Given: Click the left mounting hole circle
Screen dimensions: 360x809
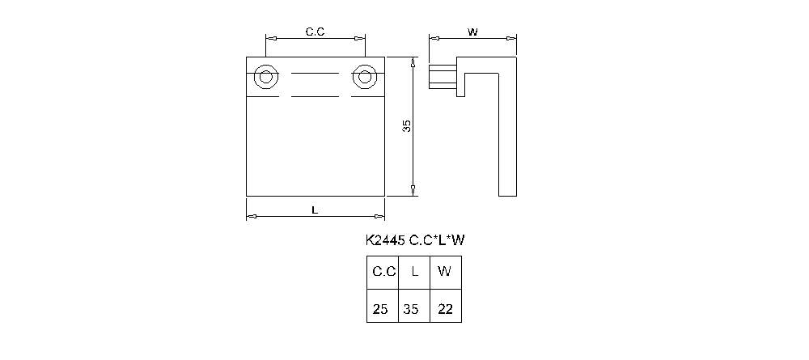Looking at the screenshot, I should tap(265, 78).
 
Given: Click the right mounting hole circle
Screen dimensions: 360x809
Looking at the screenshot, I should tap(364, 78).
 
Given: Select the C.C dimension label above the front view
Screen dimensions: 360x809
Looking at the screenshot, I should tap(315, 32).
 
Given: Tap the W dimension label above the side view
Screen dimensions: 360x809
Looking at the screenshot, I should tap(472, 32).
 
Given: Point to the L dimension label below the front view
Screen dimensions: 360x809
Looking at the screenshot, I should tap(315, 210).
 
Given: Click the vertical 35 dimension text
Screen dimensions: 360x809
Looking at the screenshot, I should tap(407, 126).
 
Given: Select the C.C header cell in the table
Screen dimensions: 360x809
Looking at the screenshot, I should tap(383, 271).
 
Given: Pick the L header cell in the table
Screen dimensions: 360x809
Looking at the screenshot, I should tap(414, 271).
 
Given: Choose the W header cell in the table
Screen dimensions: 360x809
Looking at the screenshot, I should tap(445, 271).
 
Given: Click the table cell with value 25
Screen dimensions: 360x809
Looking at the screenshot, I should tap(381, 308).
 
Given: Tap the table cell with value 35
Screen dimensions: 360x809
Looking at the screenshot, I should tap(413, 308).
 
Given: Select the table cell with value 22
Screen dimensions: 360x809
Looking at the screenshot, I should tap(445, 308).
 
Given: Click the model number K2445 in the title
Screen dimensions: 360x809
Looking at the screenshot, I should tap(384, 240).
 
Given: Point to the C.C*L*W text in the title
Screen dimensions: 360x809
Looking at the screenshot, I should tap(437, 240).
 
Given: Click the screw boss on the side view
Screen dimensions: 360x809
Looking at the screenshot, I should tap(442, 78).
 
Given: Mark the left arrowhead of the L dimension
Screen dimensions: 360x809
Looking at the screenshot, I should tap(251, 216).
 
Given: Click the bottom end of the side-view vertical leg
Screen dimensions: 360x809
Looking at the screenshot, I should tap(507, 194).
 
